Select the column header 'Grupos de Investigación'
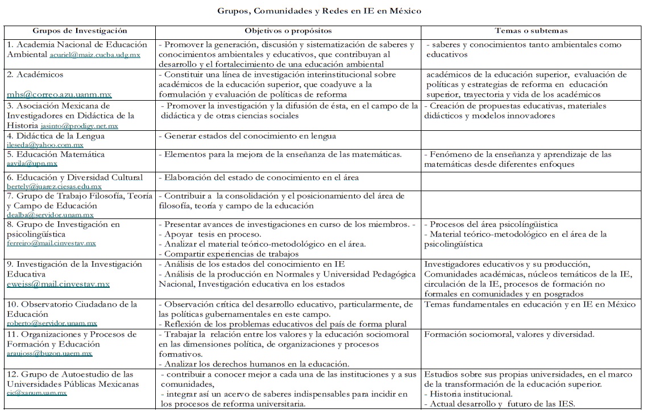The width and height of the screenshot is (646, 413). coord(80,30)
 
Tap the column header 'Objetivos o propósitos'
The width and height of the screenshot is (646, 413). coord(288,30)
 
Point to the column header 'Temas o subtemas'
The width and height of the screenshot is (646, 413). coord(531,30)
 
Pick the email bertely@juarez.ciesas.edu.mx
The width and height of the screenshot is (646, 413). coord(55,186)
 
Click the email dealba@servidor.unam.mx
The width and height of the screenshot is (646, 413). coord(50,215)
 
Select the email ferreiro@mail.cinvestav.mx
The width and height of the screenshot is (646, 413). coord(51,243)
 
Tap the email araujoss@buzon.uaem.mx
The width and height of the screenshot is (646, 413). coord(49,353)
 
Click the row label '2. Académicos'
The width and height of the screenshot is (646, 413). coord(35,75)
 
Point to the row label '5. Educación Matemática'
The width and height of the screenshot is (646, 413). coord(56,154)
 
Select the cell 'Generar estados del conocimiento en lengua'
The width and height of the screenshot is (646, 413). coord(250,136)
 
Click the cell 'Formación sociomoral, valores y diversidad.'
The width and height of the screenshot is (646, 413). coord(510,334)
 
